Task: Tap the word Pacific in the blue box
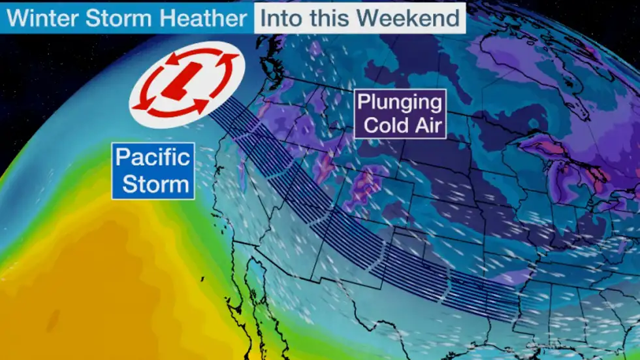[x=153, y=157]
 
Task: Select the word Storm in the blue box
[x=153, y=184]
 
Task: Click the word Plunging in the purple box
[x=400, y=103]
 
